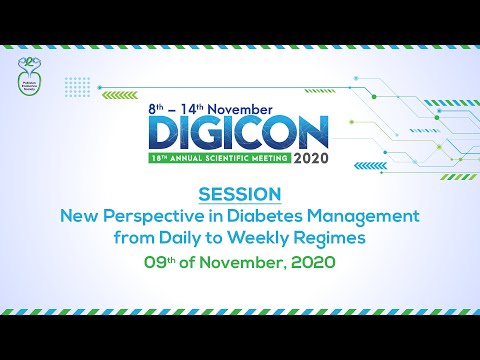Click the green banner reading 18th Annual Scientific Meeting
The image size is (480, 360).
(x=217, y=157)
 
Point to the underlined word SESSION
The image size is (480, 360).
(x=240, y=192)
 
